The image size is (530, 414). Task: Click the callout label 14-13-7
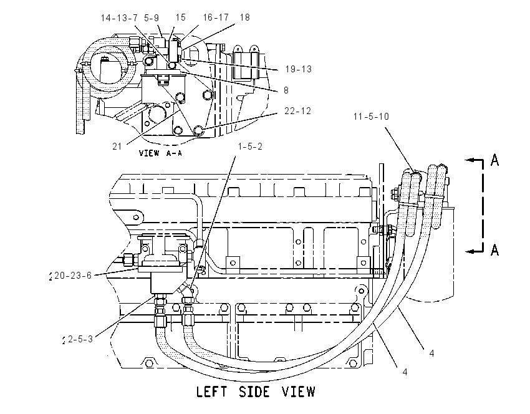(119, 18)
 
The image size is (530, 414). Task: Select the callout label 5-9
(152, 18)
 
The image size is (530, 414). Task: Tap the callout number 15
(181, 17)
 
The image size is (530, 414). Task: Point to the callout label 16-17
(216, 17)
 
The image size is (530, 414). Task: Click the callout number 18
(244, 17)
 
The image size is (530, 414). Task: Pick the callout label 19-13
(299, 69)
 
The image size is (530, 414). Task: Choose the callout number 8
(286, 90)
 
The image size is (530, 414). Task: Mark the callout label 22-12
(298, 111)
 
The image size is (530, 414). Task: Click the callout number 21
(117, 147)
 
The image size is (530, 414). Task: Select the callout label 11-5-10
(371, 117)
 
